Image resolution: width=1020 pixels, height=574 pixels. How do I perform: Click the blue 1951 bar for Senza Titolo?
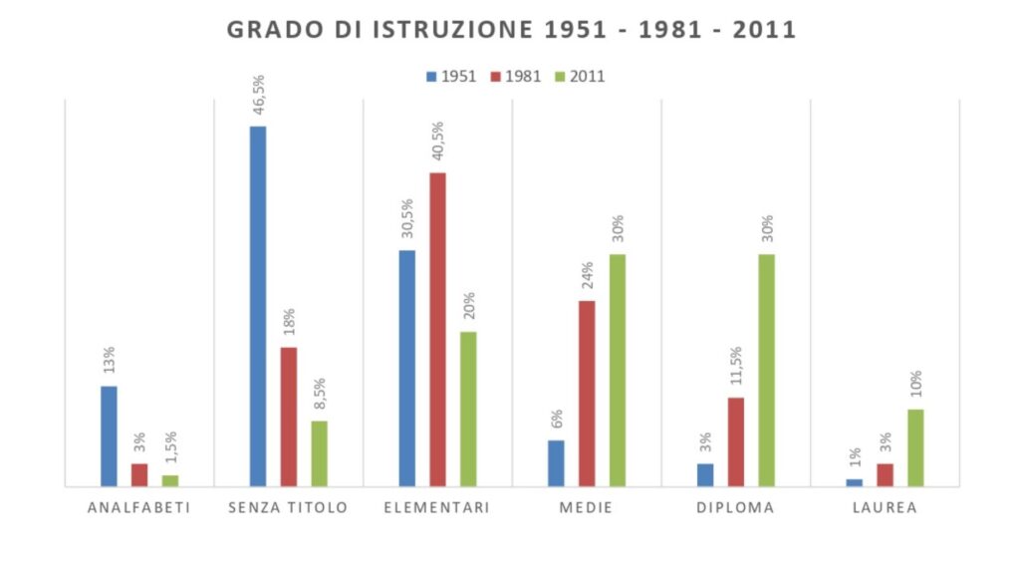click(x=258, y=306)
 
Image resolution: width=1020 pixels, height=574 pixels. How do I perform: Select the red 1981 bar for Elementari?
click(x=437, y=329)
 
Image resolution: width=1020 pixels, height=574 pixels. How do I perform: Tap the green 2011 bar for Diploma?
click(x=766, y=370)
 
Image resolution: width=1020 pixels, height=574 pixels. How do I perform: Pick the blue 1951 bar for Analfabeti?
click(x=109, y=435)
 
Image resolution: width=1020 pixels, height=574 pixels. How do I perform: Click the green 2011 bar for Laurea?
click(x=915, y=447)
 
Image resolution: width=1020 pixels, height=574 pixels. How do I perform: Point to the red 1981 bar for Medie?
click(x=587, y=393)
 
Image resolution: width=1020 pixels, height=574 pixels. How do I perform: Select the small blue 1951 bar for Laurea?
click(x=854, y=482)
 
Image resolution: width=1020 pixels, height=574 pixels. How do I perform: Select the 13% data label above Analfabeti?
click(x=110, y=361)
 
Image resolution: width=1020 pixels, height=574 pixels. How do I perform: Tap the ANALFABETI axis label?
click(x=138, y=508)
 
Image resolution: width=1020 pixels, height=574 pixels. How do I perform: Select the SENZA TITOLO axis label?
click(x=288, y=508)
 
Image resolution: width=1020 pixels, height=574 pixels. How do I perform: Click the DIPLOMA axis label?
click(x=736, y=508)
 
